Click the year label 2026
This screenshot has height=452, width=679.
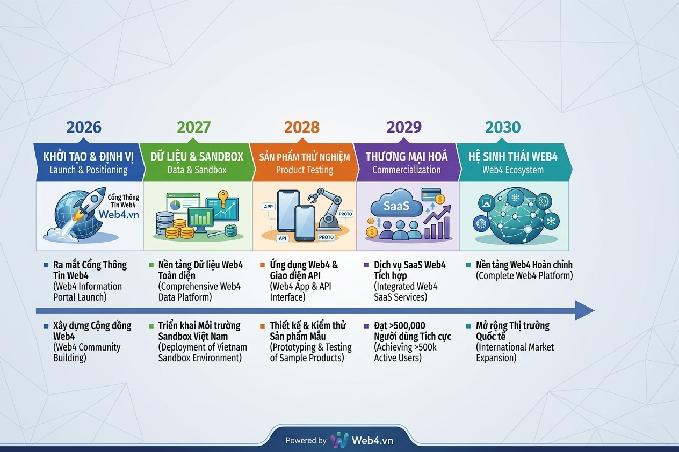[x=84, y=127]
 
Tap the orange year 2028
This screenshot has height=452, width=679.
[x=302, y=127]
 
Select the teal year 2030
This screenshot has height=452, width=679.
[x=503, y=127]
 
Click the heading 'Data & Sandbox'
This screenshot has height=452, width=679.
[x=197, y=170]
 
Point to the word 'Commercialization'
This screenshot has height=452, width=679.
[x=407, y=170]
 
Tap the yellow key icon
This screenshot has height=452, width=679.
[x=223, y=199]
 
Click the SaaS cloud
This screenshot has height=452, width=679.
[x=396, y=205]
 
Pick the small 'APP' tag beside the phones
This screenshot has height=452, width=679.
[x=268, y=207]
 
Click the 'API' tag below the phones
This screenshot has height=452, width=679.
[x=283, y=238]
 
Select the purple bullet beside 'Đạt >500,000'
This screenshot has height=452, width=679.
[x=366, y=326]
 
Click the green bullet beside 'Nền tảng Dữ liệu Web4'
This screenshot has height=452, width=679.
[x=151, y=265]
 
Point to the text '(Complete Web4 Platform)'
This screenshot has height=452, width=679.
[x=524, y=276]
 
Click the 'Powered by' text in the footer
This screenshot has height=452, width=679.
[x=306, y=441]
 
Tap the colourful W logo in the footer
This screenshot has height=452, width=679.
[x=339, y=440]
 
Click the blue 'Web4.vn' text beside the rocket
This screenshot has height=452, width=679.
[x=119, y=215]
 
